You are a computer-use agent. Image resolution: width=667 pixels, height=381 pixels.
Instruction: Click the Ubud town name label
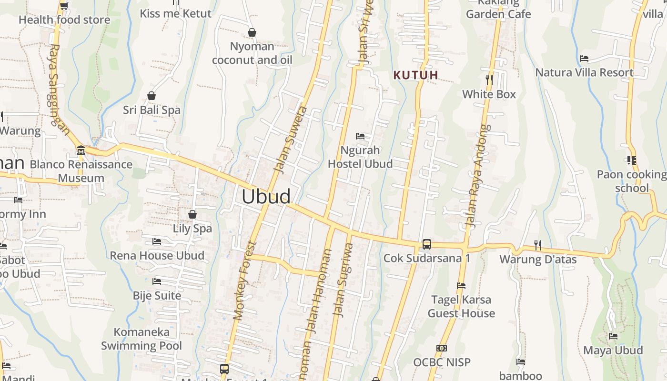pos(266,197)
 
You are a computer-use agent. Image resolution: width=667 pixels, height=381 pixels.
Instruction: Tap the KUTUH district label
pos(415,75)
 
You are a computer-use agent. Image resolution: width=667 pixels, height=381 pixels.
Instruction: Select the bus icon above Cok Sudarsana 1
pos(427,244)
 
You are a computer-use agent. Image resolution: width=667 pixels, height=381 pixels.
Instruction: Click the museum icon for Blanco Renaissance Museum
pos(81,151)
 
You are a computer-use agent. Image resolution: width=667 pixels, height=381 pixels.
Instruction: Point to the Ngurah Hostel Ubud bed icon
pos(360,137)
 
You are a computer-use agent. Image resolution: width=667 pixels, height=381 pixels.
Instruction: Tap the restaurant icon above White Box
pos(489,79)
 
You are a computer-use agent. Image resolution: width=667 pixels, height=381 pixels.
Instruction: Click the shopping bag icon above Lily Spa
pos(192,215)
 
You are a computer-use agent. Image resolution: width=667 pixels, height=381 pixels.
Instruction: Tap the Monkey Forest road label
pos(245,281)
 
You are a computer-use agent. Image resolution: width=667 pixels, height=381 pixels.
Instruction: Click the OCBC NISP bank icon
pos(442,348)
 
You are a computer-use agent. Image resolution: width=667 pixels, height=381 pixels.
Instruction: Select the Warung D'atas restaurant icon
pos(538,245)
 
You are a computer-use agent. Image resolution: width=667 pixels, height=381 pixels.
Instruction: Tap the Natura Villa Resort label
pos(584,72)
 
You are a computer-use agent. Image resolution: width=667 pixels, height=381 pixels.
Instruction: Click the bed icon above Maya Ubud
pos(613,336)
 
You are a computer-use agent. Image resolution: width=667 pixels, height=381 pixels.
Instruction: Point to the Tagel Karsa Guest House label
pos(461,306)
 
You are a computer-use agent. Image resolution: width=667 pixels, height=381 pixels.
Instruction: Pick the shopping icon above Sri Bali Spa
pos(152,96)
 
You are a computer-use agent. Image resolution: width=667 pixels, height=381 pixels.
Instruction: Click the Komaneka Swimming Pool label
pos(141,339)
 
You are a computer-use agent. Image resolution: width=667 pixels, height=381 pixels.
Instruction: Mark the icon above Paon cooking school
pos(632,160)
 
